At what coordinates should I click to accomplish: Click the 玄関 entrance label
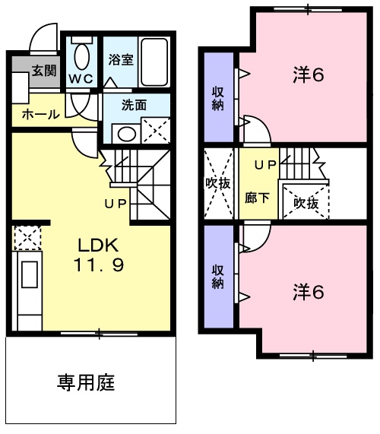point(43,71)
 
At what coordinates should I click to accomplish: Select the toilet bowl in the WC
point(81,56)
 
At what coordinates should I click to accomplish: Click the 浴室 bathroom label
point(121,59)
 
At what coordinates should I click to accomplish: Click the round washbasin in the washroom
point(125,134)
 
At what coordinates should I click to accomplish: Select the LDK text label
point(97,245)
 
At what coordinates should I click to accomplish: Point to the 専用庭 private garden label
point(86,382)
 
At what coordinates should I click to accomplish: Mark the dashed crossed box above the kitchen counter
point(26,237)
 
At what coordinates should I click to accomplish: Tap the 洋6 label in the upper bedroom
point(309,75)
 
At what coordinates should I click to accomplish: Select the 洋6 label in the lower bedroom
point(309,290)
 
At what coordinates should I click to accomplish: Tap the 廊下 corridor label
point(253,195)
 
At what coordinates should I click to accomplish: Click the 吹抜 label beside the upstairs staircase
point(306,203)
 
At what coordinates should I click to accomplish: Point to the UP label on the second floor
point(264,164)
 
